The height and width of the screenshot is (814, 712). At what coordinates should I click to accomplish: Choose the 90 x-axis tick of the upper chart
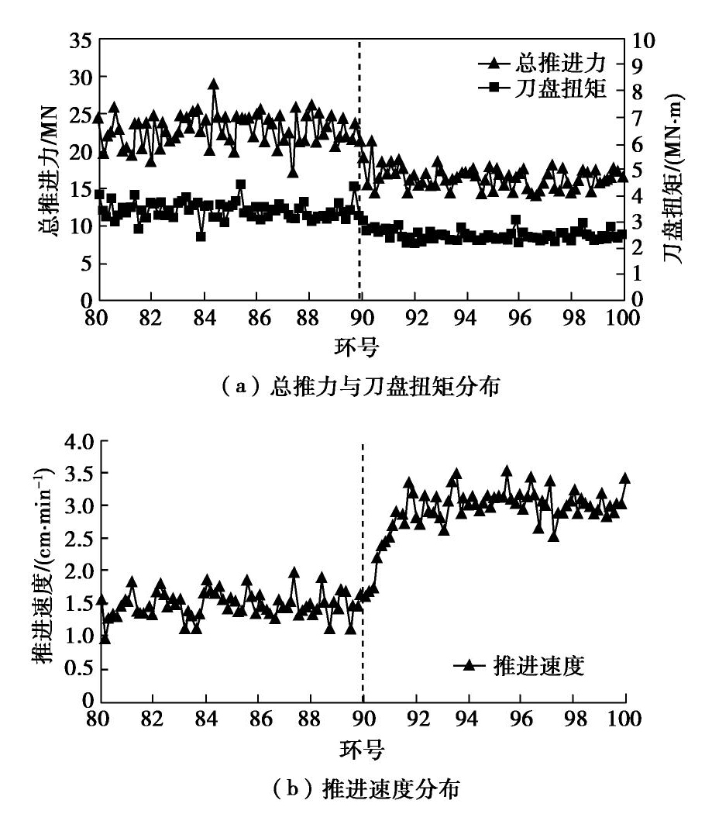click(x=362, y=318)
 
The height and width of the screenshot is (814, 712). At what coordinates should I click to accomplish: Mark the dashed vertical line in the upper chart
click(x=359, y=194)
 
